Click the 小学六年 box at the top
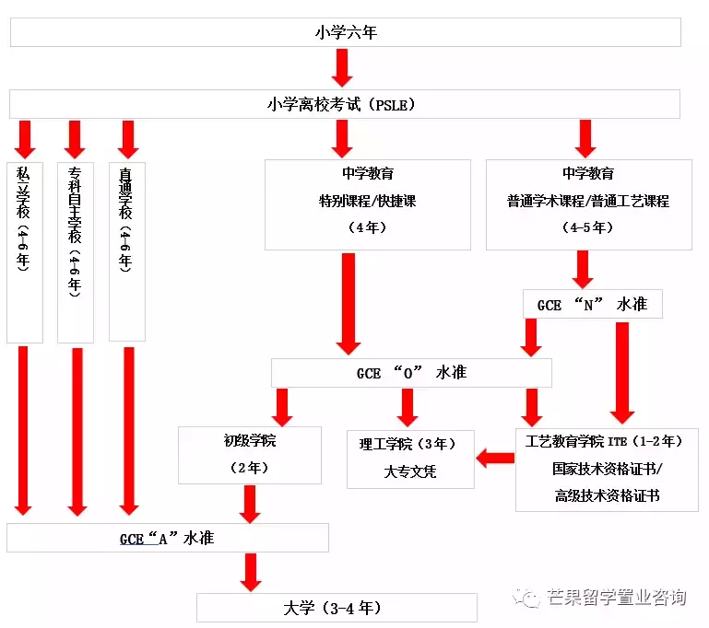point(346,32)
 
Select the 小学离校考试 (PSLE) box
point(346,104)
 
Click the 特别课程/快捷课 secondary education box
point(367,204)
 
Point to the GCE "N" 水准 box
point(592,304)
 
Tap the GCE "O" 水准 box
point(411,373)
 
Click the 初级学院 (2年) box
point(249,455)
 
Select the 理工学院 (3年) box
point(410,459)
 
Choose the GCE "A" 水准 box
point(167,538)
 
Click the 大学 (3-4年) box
point(337,608)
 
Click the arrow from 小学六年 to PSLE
point(343,67)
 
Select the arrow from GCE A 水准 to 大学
point(249,572)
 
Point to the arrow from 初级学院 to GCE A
point(249,503)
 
